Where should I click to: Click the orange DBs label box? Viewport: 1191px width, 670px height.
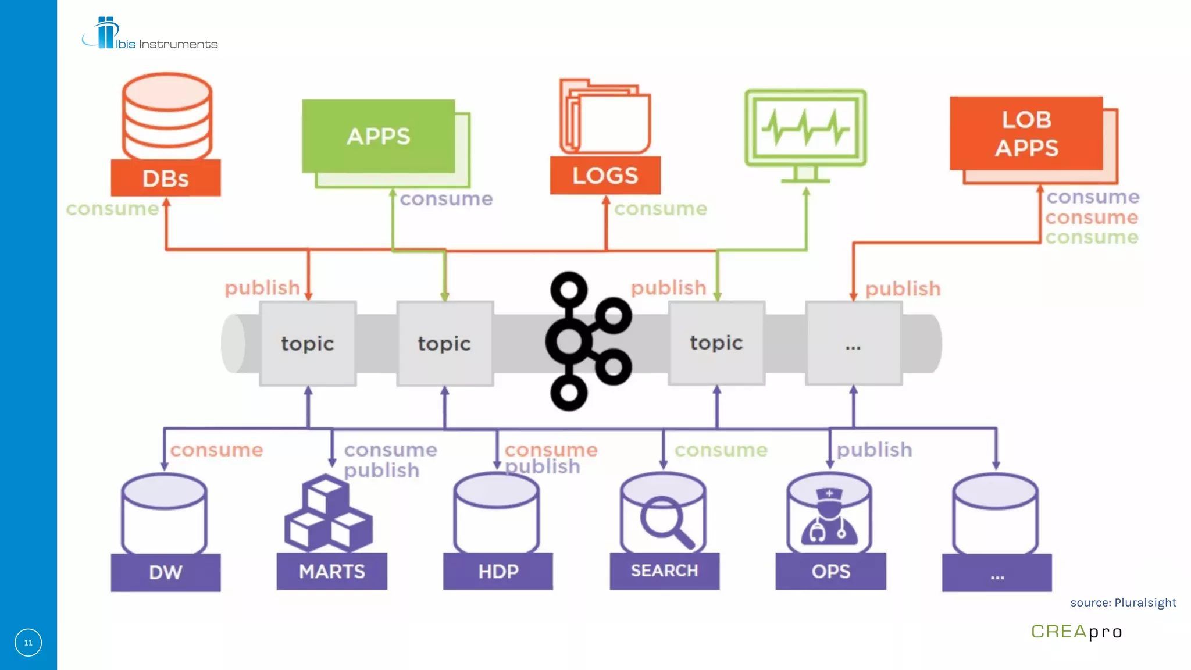(166, 178)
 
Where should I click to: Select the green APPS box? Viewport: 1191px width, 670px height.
(378, 136)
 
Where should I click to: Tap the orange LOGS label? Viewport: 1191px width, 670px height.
(605, 175)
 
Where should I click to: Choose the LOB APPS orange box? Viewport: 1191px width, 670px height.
(1026, 133)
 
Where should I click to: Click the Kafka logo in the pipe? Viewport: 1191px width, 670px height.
(587, 341)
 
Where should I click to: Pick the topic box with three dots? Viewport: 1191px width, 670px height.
(853, 344)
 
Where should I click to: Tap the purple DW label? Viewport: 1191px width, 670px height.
(166, 572)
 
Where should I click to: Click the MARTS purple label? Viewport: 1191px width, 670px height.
(331, 571)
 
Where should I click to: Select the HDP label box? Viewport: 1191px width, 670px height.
(498, 571)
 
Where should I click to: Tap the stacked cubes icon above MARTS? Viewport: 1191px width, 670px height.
(327, 514)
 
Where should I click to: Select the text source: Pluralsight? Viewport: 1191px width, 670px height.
(1123, 603)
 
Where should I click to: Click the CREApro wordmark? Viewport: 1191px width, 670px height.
(1076, 632)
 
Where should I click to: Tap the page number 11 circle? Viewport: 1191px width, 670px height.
(28, 643)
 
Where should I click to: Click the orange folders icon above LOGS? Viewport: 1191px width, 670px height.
(605, 116)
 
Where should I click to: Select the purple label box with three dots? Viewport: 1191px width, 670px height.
(997, 573)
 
